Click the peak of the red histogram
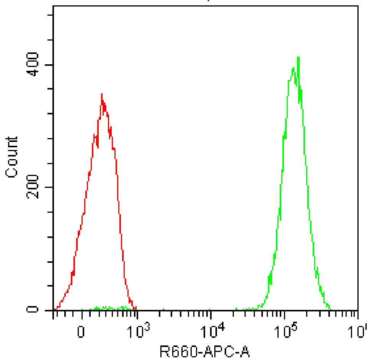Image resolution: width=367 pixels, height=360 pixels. (101, 94)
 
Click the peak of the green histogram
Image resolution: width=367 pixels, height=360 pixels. (298, 57)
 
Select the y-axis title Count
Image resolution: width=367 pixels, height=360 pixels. (12, 156)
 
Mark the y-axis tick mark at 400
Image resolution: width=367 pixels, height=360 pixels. (49, 65)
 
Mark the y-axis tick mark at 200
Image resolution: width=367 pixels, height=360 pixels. (49, 187)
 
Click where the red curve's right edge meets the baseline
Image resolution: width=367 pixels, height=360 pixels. (136, 309)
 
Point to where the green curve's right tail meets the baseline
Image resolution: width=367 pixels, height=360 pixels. (330, 309)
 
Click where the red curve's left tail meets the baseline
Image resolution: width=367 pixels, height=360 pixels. (56, 309)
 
